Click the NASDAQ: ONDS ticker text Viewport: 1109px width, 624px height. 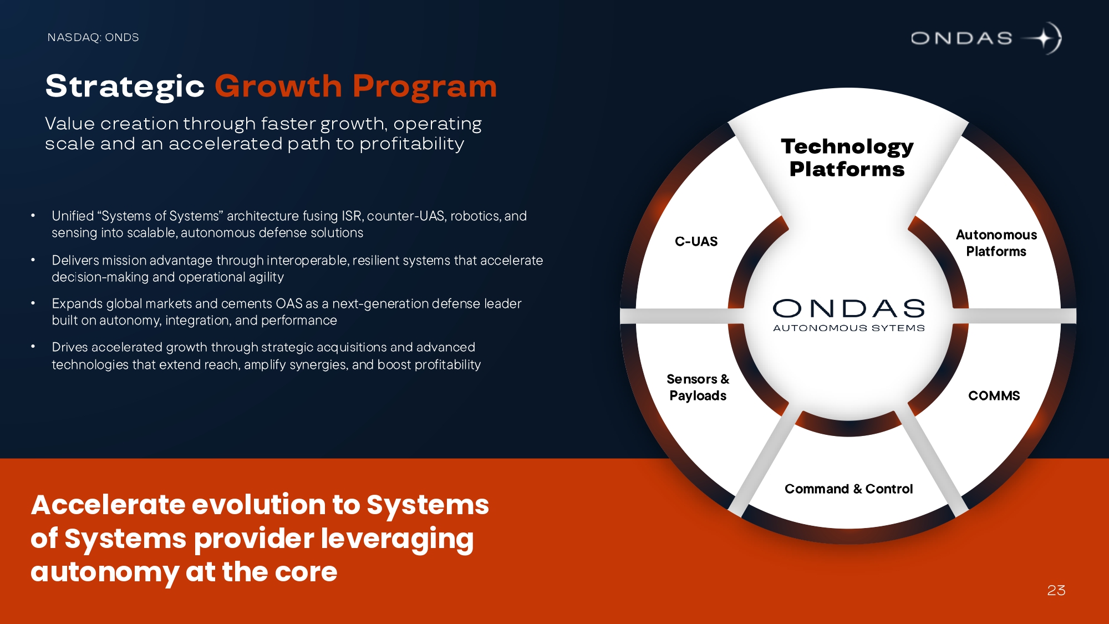click(93, 37)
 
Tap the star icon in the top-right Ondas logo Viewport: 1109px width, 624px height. click(1042, 38)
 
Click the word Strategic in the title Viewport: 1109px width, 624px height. click(125, 87)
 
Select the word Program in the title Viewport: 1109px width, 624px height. click(425, 87)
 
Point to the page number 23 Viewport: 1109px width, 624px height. click(1056, 590)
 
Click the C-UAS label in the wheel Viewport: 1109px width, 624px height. click(696, 241)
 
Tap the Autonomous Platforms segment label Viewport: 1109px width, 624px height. click(996, 243)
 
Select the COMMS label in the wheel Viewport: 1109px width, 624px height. click(994, 395)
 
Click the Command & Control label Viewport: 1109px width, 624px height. click(848, 489)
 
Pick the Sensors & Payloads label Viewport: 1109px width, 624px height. click(698, 387)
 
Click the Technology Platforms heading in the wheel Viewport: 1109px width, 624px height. click(847, 158)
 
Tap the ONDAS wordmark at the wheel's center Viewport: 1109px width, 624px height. click(849, 308)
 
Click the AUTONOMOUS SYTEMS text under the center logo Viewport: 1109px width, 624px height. click(849, 328)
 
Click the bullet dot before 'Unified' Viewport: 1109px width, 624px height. click(33, 215)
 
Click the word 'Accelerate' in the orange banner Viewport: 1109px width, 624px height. click(109, 505)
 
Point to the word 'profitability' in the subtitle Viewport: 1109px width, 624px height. click(411, 144)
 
